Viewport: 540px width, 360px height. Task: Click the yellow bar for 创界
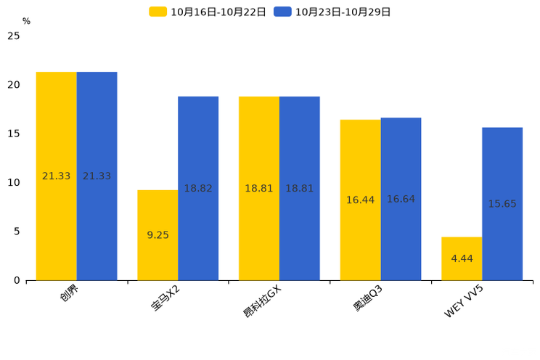click(x=56, y=176)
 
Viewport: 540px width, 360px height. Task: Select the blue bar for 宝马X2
click(x=198, y=189)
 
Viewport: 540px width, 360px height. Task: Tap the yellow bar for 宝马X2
click(x=157, y=235)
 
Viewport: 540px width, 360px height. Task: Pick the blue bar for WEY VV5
click(x=502, y=204)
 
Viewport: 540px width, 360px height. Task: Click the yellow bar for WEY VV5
click(x=462, y=258)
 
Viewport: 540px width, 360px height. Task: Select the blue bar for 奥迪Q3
click(x=401, y=199)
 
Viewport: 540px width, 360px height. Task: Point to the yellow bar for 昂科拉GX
click(x=259, y=189)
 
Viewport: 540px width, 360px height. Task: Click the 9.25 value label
click(x=157, y=235)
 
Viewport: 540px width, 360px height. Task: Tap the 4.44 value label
click(x=462, y=258)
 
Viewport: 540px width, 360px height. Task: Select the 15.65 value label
click(x=502, y=204)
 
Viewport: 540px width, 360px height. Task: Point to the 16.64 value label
click(x=401, y=199)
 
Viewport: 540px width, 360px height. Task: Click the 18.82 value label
click(x=198, y=189)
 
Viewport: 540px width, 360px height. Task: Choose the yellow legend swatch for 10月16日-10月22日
click(x=157, y=12)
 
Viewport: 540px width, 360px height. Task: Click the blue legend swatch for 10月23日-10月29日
click(x=282, y=12)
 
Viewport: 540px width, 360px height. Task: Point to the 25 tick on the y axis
click(x=14, y=36)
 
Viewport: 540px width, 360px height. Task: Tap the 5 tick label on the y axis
click(x=17, y=232)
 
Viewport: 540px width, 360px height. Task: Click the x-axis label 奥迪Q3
click(x=368, y=298)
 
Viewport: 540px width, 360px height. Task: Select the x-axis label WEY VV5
click(x=464, y=301)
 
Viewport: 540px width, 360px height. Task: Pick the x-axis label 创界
click(x=69, y=293)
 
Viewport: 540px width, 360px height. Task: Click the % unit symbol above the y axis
click(x=27, y=21)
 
